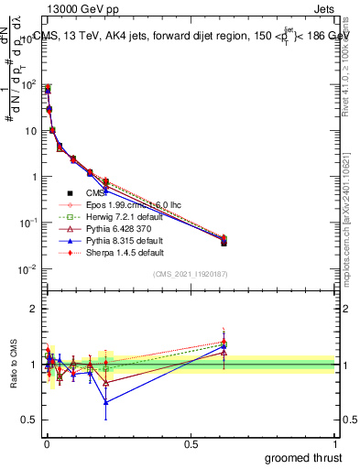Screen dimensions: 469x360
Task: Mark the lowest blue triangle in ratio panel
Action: pyautogui.click(x=105, y=402)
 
